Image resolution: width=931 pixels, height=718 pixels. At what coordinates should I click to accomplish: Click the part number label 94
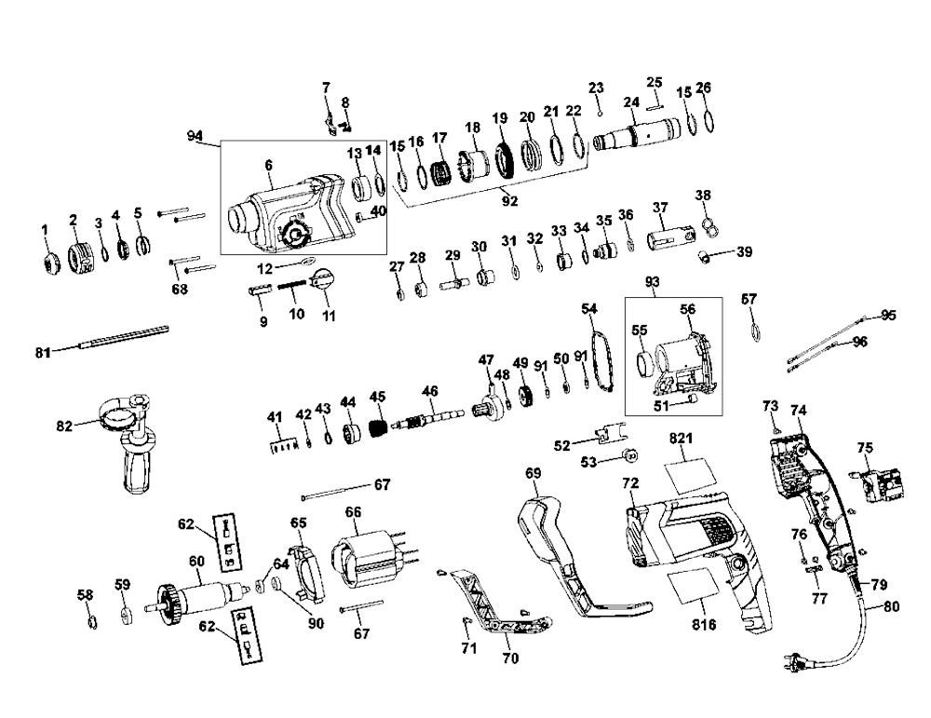click(x=195, y=136)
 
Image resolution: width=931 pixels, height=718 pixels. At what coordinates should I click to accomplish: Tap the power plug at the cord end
click(x=795, y=660)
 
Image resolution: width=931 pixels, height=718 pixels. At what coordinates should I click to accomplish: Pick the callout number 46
click(x=429, y=391)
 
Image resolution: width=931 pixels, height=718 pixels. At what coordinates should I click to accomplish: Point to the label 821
click(x=681, y=439)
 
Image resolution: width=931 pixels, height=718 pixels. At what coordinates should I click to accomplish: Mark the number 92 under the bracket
click(x=509, y=201)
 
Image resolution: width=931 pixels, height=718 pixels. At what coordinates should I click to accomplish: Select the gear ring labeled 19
click(x=505, y=161)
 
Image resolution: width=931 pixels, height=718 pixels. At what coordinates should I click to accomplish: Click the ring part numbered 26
click(x=708, y=120)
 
